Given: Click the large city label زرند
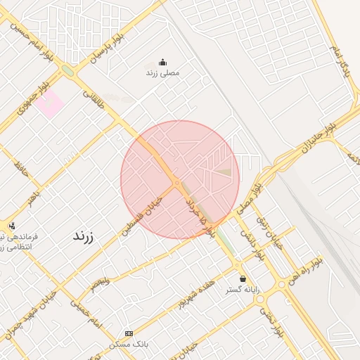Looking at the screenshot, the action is [x=88, y=236].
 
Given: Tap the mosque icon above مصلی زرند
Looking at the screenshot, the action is [x=163, y=62].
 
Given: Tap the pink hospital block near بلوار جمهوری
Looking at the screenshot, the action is [x=50, y=104].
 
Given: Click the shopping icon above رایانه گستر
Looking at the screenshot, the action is [x=243, y=279].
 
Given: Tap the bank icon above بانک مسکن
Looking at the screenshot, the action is [x=129, y=333].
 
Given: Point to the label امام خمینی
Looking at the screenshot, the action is [x=86, y=312].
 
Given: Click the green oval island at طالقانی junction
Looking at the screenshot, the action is [x=67, y=70].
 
